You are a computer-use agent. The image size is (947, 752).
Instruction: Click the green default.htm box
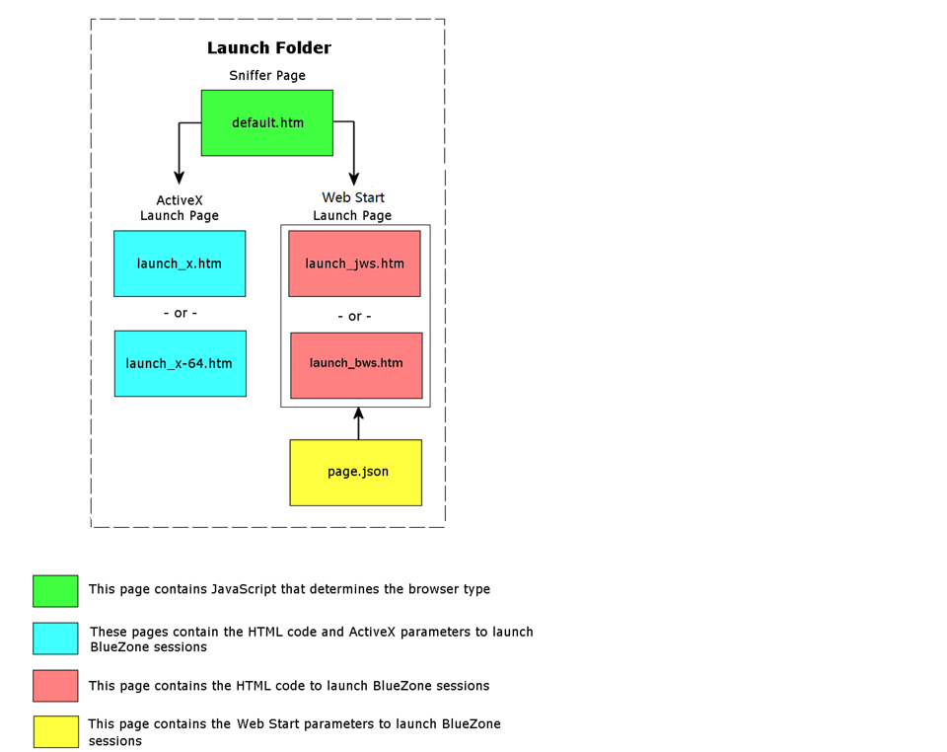point(267,123)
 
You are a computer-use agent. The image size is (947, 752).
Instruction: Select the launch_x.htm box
point(180,263)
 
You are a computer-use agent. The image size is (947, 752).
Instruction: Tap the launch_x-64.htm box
point(180,363)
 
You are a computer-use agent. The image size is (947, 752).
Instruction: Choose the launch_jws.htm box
point(354,263)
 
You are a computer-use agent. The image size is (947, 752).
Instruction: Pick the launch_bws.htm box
point(356,365)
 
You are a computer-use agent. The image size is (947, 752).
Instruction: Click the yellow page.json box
point(356,473)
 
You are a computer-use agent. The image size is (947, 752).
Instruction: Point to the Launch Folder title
point(268,47)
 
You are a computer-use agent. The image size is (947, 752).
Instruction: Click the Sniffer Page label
point(267,76)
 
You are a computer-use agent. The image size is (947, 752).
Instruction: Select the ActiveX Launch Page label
point(180,208)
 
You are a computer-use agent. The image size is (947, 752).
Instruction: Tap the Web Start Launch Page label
point(353,206)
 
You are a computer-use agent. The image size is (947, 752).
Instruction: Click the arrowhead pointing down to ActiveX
point(179,177)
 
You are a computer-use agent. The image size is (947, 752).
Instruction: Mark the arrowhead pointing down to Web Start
point(354,179)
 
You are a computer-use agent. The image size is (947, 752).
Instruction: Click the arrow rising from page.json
point(358,423)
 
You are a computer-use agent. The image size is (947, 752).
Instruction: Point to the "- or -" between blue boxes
point(180,313)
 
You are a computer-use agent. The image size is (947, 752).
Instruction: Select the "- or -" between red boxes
point(354,316)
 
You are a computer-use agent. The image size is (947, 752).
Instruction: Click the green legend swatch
point(55,591)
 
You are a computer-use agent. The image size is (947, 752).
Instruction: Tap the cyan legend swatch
point(55,639)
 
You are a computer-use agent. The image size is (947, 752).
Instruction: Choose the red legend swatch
point(55,686)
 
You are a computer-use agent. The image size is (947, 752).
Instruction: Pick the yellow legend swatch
point(55,732)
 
